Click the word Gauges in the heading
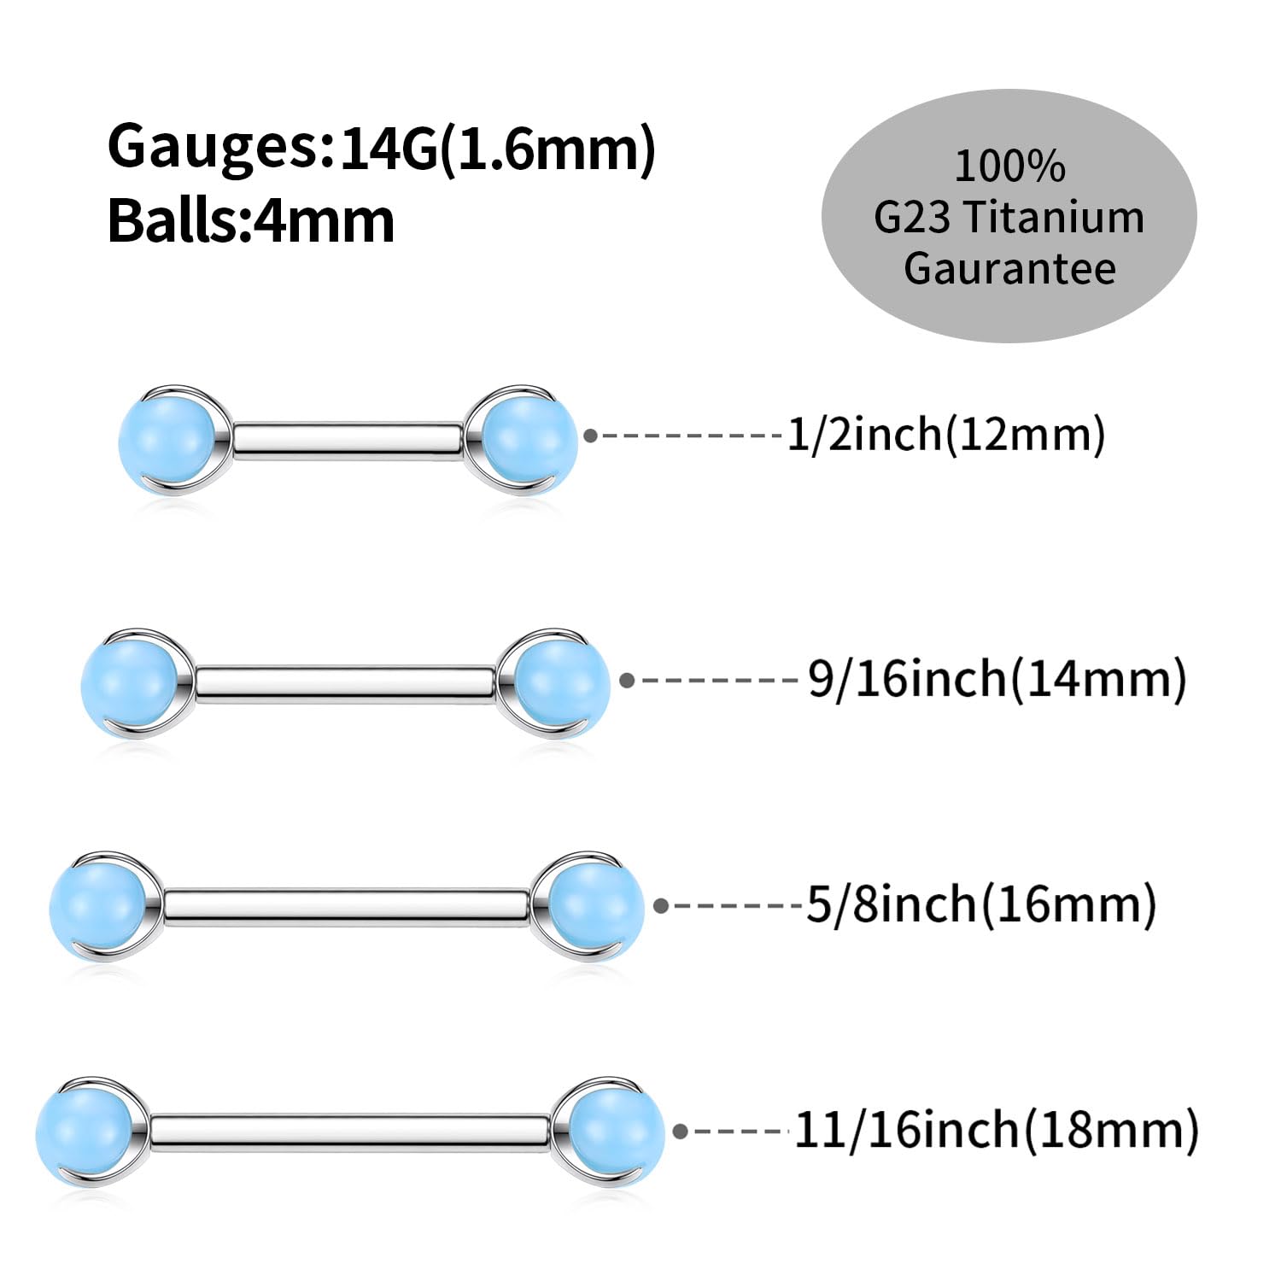coord(213,147)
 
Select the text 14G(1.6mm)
coord(497,149)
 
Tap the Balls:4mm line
coord(251,221)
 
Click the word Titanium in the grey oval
coord(1055,217)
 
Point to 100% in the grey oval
coord(1009,166)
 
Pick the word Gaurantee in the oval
coord(1009,268)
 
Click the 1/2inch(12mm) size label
coord(945,435)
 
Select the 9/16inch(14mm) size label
coord(997,680)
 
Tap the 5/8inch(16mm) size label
coord(981,904)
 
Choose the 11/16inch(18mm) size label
coord(997,1131)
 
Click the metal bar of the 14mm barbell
coord(344,684)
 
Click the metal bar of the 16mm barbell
coord(346,907)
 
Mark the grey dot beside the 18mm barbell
coord(681,1132)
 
